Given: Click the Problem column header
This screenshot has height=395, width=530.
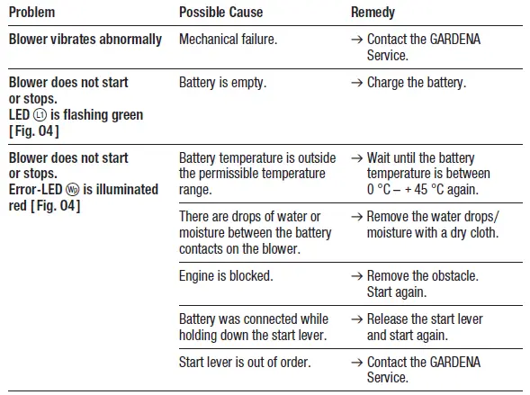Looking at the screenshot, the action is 31,13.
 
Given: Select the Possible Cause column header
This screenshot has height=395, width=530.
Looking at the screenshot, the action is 221,13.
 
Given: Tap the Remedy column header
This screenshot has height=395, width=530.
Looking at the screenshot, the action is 373,13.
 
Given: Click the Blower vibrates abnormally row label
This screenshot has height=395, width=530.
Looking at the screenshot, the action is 85,40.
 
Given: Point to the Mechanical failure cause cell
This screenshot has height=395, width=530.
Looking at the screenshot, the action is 229,40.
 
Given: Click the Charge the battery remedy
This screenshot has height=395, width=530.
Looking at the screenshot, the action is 416,83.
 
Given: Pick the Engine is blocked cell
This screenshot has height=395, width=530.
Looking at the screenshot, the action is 226,276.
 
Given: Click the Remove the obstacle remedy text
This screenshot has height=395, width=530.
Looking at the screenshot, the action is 422,276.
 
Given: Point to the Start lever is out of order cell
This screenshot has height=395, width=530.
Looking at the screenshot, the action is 246,363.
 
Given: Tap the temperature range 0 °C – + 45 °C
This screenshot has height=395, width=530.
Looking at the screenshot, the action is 421,190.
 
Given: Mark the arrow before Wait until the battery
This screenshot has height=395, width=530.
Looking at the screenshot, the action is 357,157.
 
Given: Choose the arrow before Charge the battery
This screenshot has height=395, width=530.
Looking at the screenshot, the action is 357,83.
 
